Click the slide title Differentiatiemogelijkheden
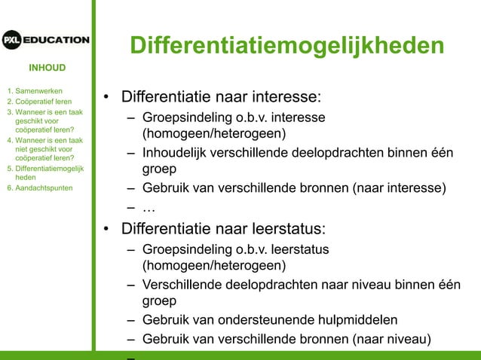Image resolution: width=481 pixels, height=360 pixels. coord(286,45)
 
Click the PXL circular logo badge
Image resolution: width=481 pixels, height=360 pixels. coord(12,40)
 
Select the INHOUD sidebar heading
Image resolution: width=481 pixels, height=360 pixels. coord(47,68)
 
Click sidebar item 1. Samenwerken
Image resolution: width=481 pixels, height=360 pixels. coord(34,90)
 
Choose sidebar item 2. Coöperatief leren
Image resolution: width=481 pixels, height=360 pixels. coord(39,101)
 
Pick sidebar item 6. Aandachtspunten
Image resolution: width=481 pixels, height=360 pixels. coord(39,188)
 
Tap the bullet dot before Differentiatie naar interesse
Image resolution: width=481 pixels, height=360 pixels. coord(107,99)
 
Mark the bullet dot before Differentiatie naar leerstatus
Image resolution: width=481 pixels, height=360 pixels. coord(107,229)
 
